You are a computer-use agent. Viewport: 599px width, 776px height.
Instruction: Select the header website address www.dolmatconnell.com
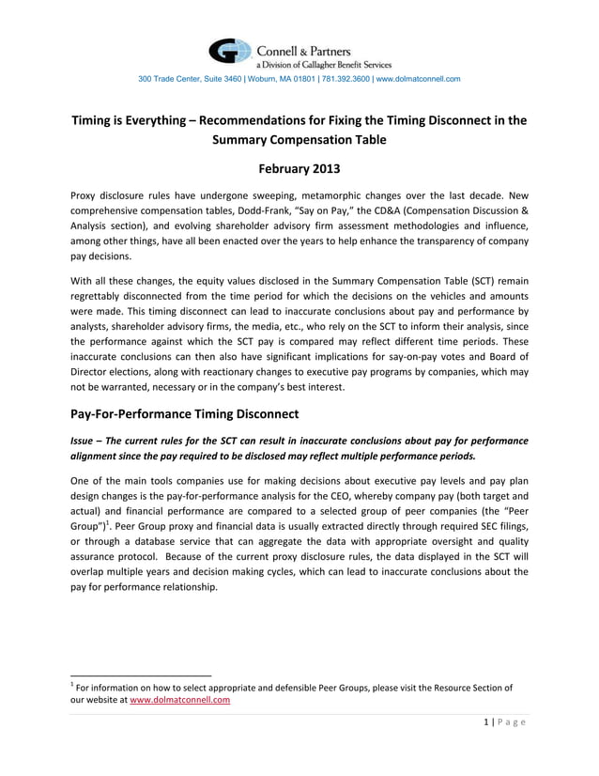[418, 79]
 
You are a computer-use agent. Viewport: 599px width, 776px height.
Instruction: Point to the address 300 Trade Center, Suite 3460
[192, 79]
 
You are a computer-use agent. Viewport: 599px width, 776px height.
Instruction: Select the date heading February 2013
[299, 170]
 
